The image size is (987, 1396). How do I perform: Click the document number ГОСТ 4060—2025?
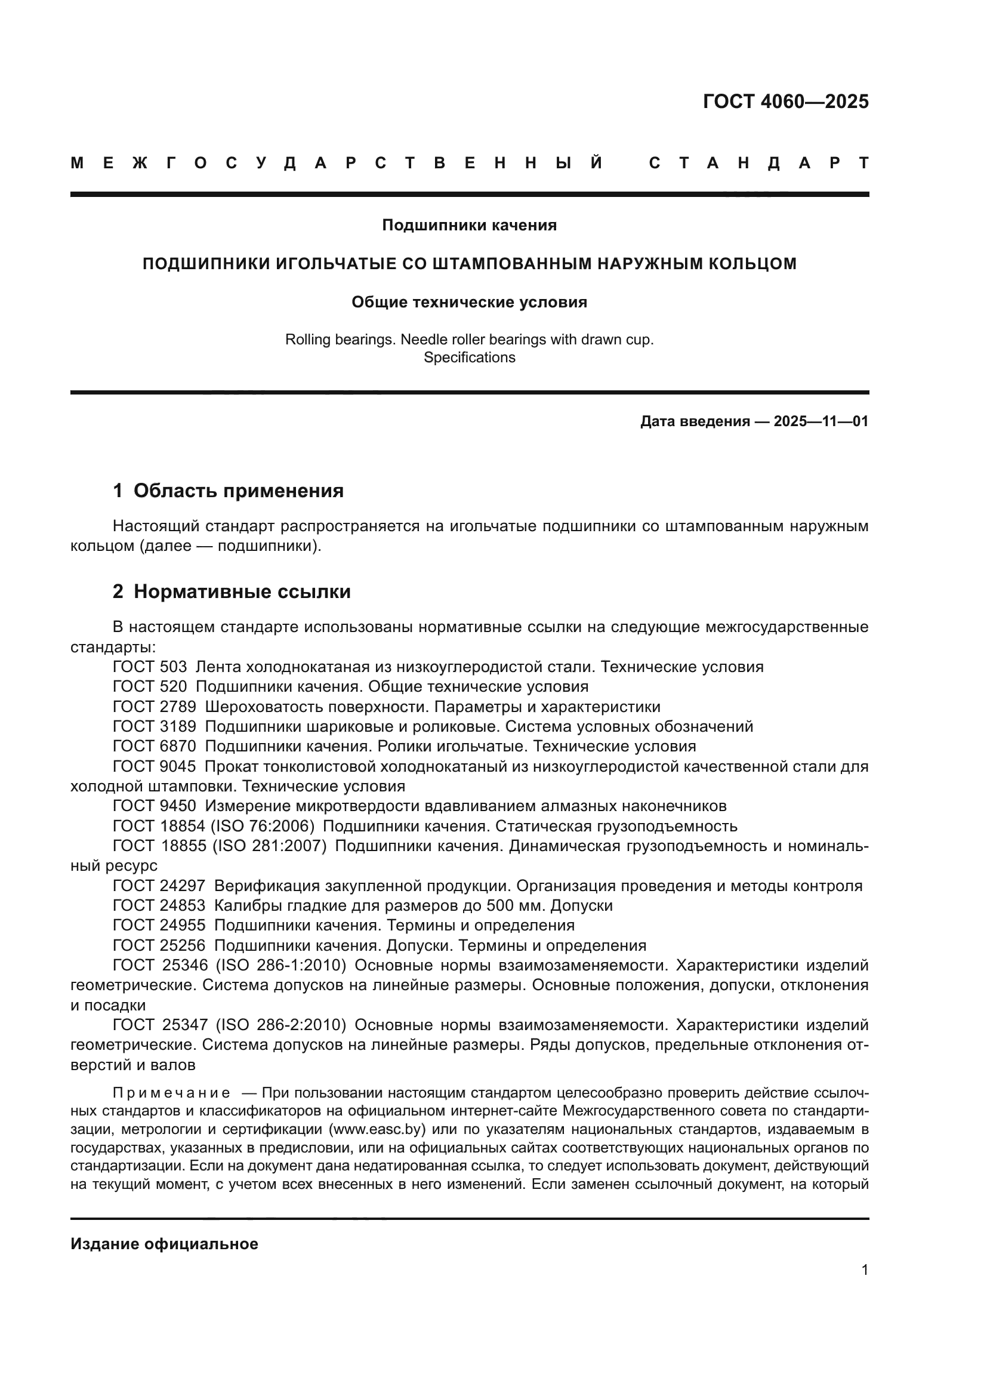785,101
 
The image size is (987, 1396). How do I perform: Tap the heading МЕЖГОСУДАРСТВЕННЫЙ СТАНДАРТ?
469,163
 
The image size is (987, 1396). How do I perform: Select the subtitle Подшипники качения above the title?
469,226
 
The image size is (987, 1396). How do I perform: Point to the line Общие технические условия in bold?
469,302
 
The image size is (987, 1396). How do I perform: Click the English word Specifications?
469,358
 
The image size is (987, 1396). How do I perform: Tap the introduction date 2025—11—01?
821,421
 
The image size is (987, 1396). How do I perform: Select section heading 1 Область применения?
228,491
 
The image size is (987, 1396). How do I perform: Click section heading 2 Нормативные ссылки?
232,591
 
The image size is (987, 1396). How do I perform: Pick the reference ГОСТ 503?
150,667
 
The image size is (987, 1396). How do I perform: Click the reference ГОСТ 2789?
155,707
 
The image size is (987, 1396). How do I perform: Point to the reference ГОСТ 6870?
155,747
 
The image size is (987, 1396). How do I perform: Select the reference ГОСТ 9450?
155,806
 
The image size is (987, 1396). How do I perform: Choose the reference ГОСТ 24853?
159,905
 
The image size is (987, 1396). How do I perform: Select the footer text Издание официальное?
164,1244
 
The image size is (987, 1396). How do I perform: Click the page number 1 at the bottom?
865,1270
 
